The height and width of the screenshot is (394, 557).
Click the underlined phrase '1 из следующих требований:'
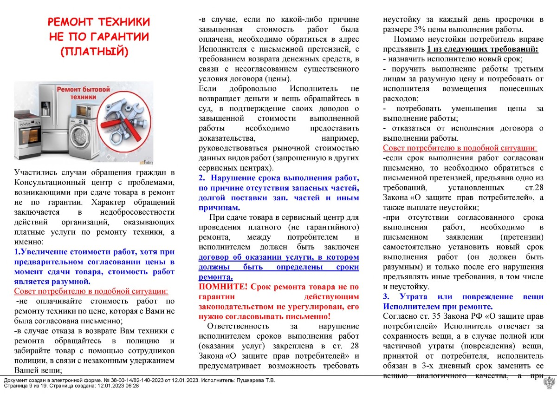click(x=483, y=49)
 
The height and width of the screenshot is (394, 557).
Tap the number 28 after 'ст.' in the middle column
click(x=355, y=346)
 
